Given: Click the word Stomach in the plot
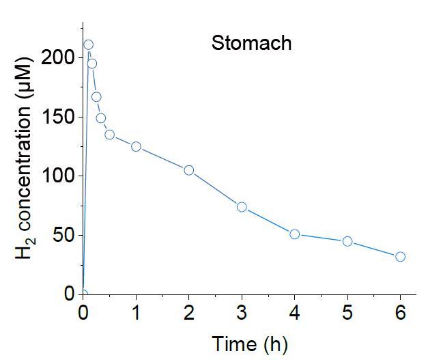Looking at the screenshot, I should (251, 43).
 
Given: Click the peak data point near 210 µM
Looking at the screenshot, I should (88, 45).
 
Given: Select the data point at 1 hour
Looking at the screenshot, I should (136, 146).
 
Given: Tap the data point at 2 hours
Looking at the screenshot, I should (189, 170).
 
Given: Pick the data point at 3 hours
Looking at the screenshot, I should (242, 207).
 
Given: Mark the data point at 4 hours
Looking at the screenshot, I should (295, 234).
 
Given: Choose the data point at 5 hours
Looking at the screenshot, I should (347, 241).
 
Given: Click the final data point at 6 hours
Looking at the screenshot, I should (401, 257).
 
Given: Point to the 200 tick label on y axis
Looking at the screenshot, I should (58, 57).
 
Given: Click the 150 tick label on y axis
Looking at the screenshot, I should (58, 117).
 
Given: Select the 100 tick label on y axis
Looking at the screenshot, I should (58, 176).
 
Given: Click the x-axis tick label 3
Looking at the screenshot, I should (242, 313).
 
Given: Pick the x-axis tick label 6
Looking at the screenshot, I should (401, 313).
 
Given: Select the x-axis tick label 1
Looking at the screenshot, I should (136, 313).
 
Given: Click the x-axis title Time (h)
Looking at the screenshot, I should (249, 344).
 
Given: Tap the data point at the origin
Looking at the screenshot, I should (83, 294).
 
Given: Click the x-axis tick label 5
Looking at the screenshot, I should (347, 313).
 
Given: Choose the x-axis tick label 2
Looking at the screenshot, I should (189, 313).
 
